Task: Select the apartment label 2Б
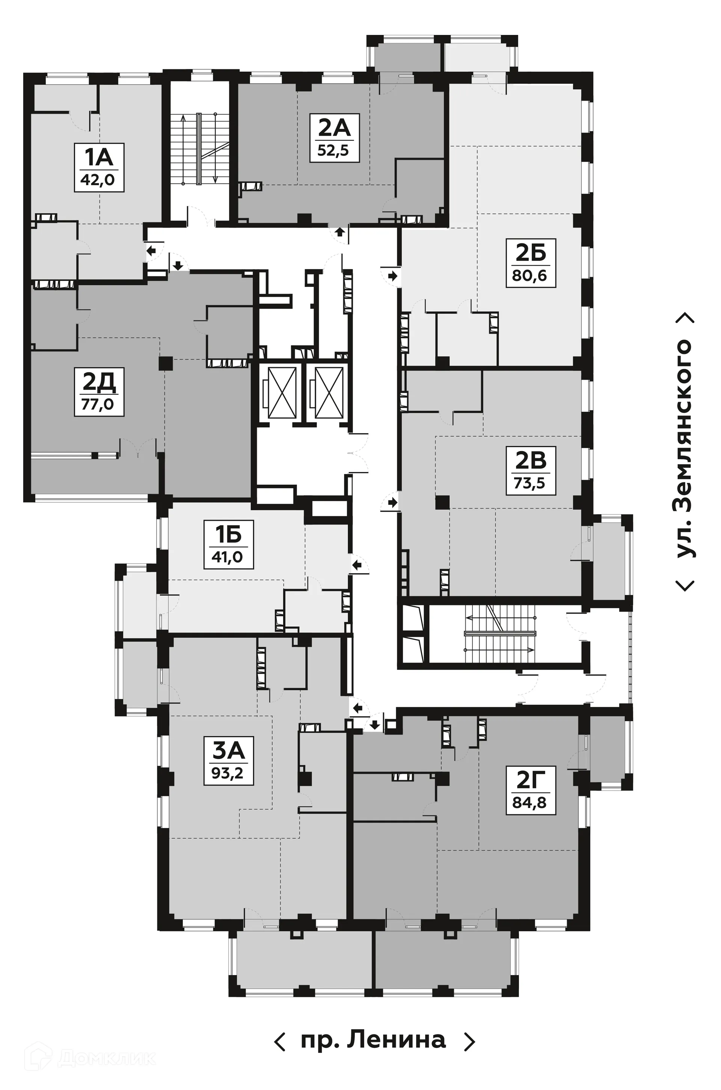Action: pos(531,253)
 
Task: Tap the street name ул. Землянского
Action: pos(685,449)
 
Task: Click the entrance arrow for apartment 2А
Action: pos(340,232)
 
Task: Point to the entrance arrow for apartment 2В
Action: pos(392,502)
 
